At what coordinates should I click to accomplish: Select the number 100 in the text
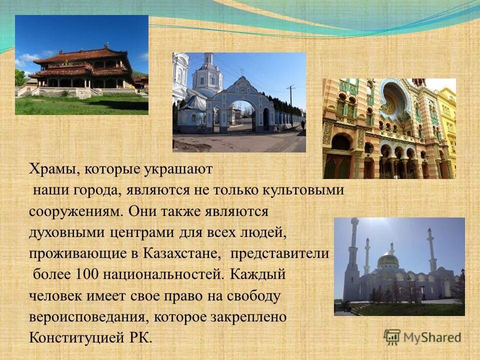pyautogui.click(x=87, y=274)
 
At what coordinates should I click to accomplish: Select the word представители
pyautogui.click(x=279, y=253)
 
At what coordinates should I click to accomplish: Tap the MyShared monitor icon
pyautogui.click(x=392, y=336)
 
